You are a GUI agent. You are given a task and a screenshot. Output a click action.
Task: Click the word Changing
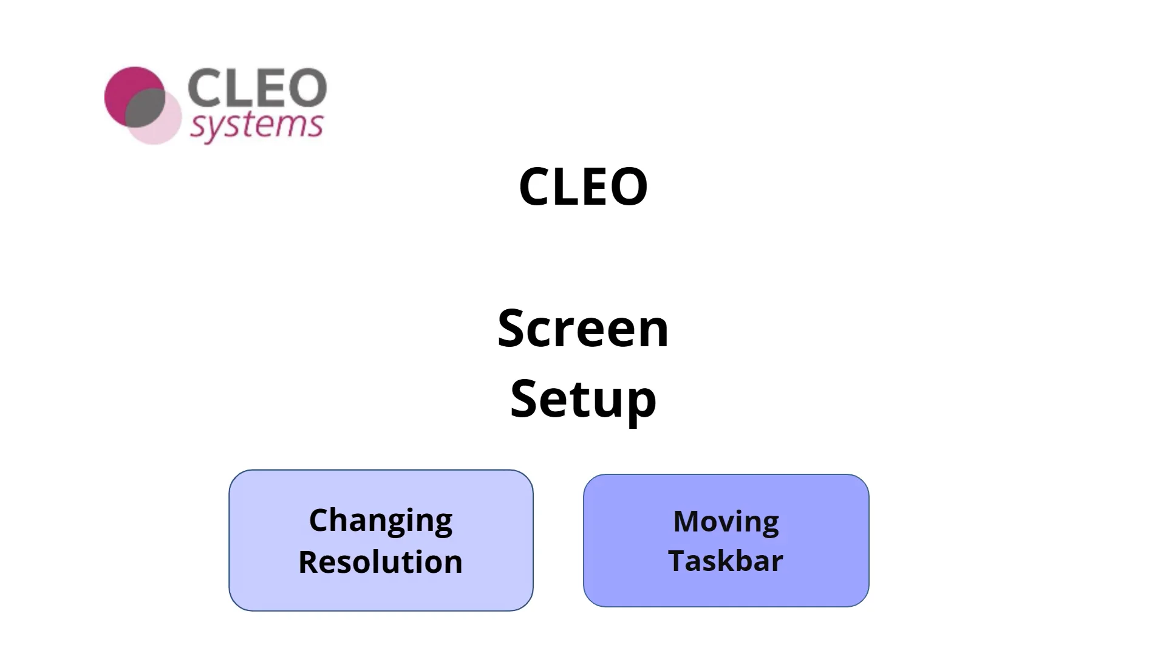coord(381,521)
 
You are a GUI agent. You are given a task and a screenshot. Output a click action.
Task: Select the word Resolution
coord(381,562)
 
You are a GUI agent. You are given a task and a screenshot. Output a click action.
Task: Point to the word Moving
coord(726,522)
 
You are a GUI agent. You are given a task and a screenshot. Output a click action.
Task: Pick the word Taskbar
coord(726,561)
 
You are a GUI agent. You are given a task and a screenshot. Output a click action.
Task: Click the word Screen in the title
coord(583,329)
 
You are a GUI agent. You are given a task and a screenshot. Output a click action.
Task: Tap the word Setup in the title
coord(583,399)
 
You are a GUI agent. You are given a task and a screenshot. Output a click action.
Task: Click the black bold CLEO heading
coord(583,186)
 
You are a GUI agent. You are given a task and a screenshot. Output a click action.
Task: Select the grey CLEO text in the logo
coord(257,88)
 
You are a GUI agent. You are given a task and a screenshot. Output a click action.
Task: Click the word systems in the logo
coord(256,126)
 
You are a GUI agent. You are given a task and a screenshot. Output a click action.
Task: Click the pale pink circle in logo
coord(164,131)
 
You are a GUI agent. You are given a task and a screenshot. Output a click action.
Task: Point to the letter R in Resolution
coord(309,562)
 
